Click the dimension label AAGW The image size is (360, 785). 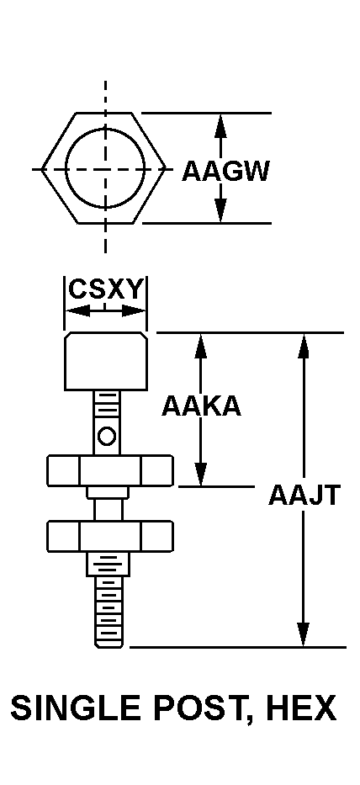[225, 171]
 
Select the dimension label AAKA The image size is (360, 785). [201, 406]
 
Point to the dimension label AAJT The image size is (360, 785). [304, 495]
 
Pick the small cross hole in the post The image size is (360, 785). [106, 436]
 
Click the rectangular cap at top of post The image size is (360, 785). [106, 361]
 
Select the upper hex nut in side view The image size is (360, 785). [110, 470]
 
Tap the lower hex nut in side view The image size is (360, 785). [110, 536]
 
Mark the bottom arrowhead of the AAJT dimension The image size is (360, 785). [303, 634]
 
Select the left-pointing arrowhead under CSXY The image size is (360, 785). [77, 311]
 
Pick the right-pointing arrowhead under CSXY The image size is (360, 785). [134, 311]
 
